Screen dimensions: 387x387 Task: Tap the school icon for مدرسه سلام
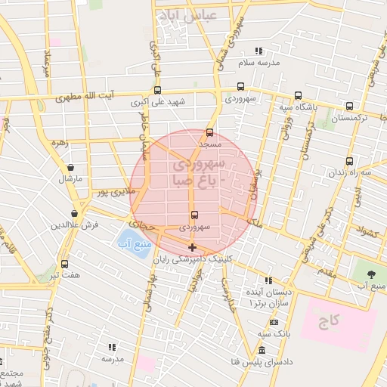[259, 51]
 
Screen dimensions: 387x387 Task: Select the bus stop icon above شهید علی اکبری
[157, 90]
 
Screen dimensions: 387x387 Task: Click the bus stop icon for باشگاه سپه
[298, 95]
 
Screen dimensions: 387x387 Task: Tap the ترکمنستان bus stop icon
[349, 107]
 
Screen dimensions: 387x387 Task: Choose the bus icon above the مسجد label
[209, 132]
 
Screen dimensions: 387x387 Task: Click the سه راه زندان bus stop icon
[349, 160]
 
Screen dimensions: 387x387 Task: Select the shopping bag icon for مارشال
[71, 168]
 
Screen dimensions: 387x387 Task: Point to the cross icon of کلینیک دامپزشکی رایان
[192, 247]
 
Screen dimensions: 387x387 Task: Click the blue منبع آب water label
[135, 246]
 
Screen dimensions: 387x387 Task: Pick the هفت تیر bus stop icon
[64, 264]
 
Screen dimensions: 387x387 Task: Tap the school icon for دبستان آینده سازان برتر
[268, 280]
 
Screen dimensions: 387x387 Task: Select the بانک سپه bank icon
[274, 322]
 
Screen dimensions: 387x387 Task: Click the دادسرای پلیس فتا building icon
[262, 351]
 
